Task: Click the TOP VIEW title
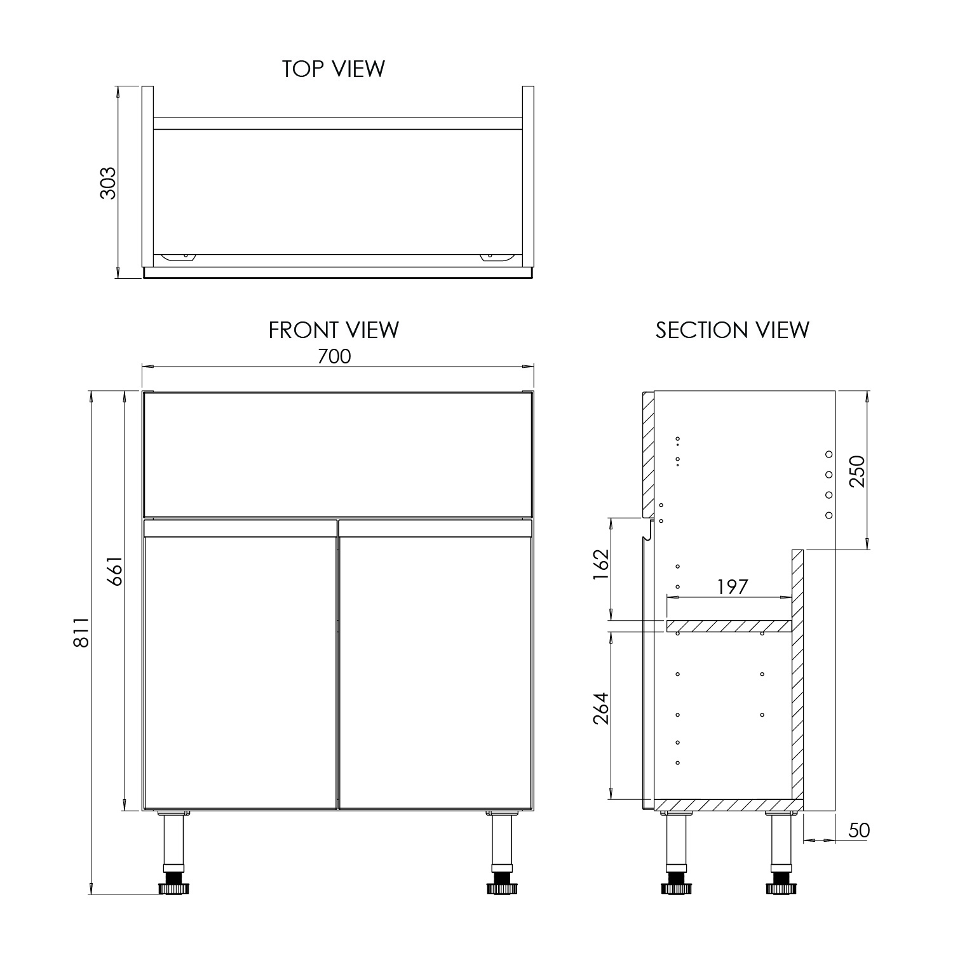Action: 333,69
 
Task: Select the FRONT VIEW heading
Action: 334,330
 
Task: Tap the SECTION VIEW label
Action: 732,330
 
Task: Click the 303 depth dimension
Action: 109,183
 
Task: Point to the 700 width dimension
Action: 334,356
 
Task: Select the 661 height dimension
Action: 114,572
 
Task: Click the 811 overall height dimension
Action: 81,633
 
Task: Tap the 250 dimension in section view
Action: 857,471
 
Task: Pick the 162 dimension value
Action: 600,564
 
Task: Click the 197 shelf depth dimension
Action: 733,586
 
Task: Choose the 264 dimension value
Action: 600,708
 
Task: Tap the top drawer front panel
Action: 337,454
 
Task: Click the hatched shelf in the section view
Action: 729,626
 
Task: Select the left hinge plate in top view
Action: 179,257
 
